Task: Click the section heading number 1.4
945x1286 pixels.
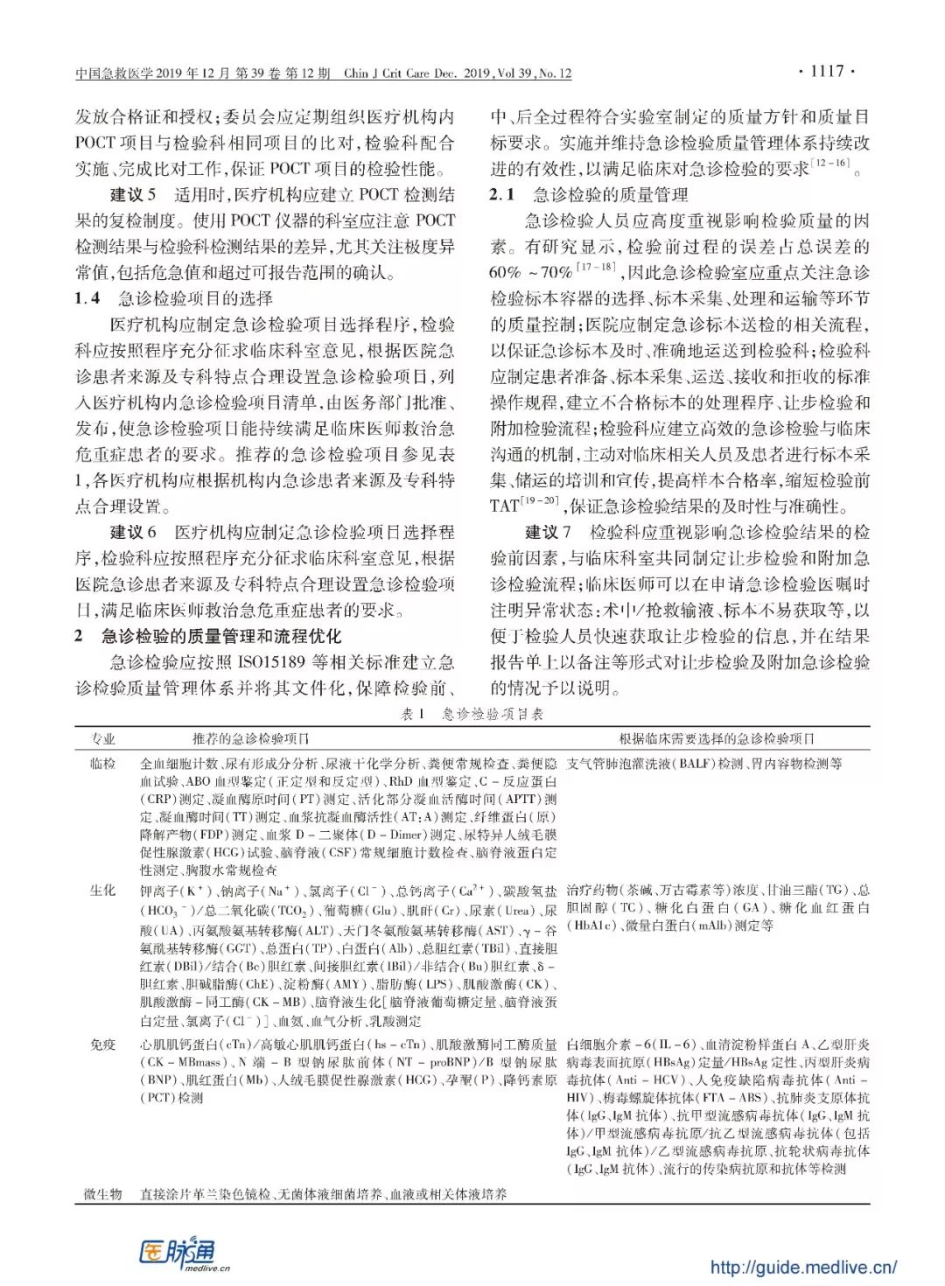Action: point(87,298)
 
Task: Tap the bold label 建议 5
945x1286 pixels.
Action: point(133,195)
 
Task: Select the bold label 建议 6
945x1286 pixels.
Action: point(133,532)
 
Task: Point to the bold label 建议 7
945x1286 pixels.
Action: point(548,532)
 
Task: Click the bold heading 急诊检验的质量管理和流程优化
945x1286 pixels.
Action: point(221,636)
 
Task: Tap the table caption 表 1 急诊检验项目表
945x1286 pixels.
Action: point(472,714)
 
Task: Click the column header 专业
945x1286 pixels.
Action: point(103,739)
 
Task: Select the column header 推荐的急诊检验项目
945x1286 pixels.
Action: point(251,739)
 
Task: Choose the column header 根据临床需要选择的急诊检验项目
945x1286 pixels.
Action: point(717,739)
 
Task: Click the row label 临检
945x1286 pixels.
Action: point(103,764)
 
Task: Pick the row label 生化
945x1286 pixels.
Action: point(103,891)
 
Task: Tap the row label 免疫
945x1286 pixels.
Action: point(103,1045)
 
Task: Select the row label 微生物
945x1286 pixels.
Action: point(103,1193)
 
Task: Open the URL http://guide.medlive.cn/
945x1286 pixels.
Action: point(802,1266)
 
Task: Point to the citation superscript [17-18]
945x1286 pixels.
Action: point(596,268)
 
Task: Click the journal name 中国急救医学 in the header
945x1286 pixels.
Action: point(115,73)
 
